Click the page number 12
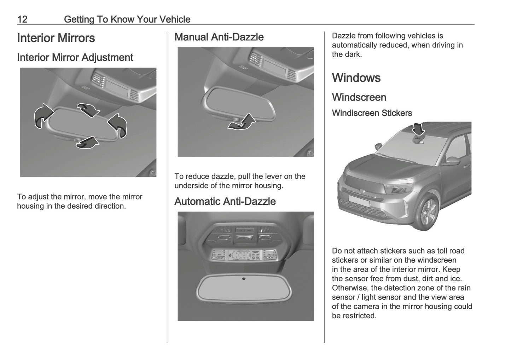(x=22, y=19)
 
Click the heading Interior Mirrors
(x=56, y=38)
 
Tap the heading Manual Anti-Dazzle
(x=219, y=37)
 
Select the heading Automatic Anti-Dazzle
(x=225, y=202)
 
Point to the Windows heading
(x=356, y=78)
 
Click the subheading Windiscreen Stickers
(x=372, y=113)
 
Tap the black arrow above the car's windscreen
(x=419, y=129)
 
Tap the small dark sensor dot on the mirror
(x=244, y=279)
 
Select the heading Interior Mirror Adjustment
(x=75, y=58)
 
